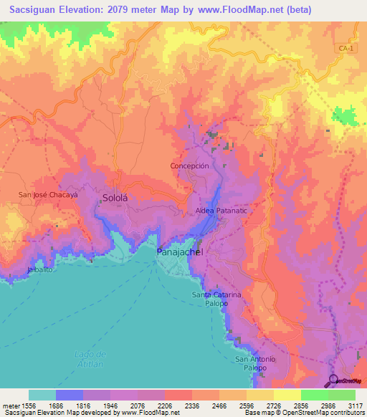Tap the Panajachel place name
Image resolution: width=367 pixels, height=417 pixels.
[x=180, y=253]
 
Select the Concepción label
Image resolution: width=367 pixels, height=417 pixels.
[x=189, y=166]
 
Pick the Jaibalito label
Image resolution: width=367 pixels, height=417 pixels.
[x=40, y=269]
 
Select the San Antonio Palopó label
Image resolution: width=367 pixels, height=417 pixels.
[x=255, y=363]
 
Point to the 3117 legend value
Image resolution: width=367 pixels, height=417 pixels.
[x=354, y=406]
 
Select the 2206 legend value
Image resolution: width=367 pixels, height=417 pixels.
[x=165, y=406]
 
